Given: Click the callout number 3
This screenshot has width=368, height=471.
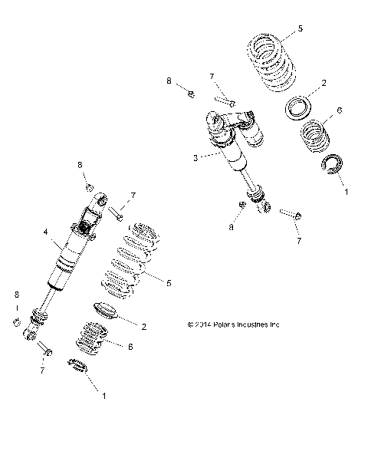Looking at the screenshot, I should (x=197, y=157).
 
